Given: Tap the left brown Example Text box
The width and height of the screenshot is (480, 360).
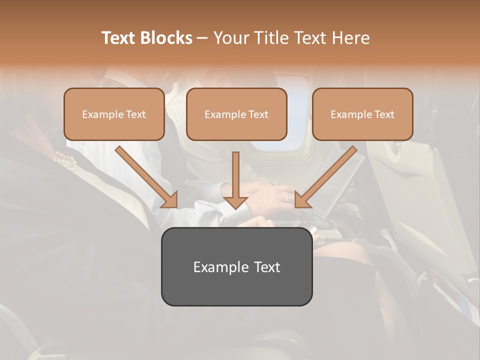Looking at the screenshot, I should [x=114, y=114].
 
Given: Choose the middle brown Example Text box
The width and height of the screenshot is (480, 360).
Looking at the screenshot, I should [x=236, y=114].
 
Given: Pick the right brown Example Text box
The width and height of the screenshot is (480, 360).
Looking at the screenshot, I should [x=362, y=114].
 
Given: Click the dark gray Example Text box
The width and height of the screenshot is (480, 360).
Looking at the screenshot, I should [x=236, y=266].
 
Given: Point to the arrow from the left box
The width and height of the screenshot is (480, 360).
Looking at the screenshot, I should [x=146, y=177].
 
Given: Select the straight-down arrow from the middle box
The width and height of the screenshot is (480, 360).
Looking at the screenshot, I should [x=235, y=180].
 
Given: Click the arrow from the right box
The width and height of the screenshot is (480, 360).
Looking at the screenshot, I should [x=325, y=177].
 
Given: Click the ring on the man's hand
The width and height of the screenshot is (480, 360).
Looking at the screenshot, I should [x=288, y=197].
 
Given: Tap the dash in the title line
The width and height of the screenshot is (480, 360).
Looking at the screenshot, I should [x=202, y=38].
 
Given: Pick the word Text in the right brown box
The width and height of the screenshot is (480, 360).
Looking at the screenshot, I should [x=384, y=114].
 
